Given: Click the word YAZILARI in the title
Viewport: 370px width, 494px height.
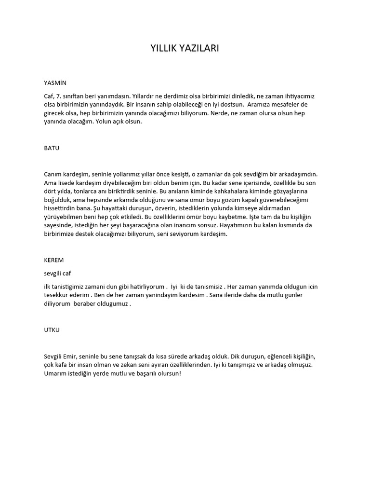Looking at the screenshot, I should (201, 48).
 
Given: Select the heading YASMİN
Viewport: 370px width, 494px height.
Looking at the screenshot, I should (54, 82).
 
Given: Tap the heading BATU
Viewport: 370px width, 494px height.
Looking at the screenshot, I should (52, 148).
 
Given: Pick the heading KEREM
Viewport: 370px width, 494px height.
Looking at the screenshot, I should (53, 260).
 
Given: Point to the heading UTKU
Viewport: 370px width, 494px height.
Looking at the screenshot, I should (52, 330).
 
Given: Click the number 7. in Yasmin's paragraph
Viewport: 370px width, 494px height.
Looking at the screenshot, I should (60, 96).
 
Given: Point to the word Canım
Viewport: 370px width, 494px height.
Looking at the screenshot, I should (53, 174).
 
